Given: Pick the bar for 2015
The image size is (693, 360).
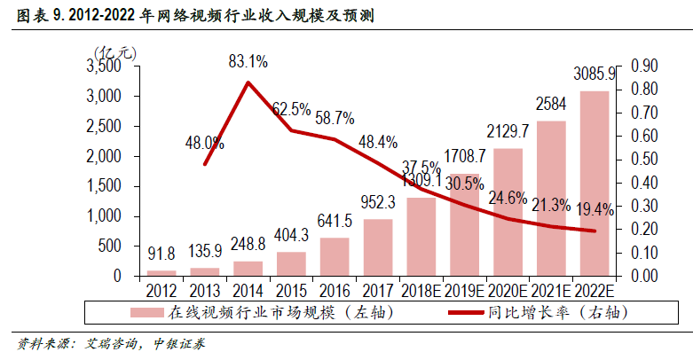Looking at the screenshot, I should click(291, 263).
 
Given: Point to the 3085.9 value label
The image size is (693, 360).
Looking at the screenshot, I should click(595, 73).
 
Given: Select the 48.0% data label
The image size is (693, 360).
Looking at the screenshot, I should click(205, 142).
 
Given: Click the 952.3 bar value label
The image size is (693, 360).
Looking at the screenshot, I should click(377, 201).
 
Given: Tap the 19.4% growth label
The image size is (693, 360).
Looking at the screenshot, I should click(595, 209).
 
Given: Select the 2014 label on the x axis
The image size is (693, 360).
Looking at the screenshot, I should click(248, 289).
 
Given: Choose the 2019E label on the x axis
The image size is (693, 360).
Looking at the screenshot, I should click(464, 289).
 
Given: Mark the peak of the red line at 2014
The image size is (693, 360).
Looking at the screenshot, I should click(248, 82).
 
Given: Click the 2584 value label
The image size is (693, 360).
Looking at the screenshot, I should click(551, 104).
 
